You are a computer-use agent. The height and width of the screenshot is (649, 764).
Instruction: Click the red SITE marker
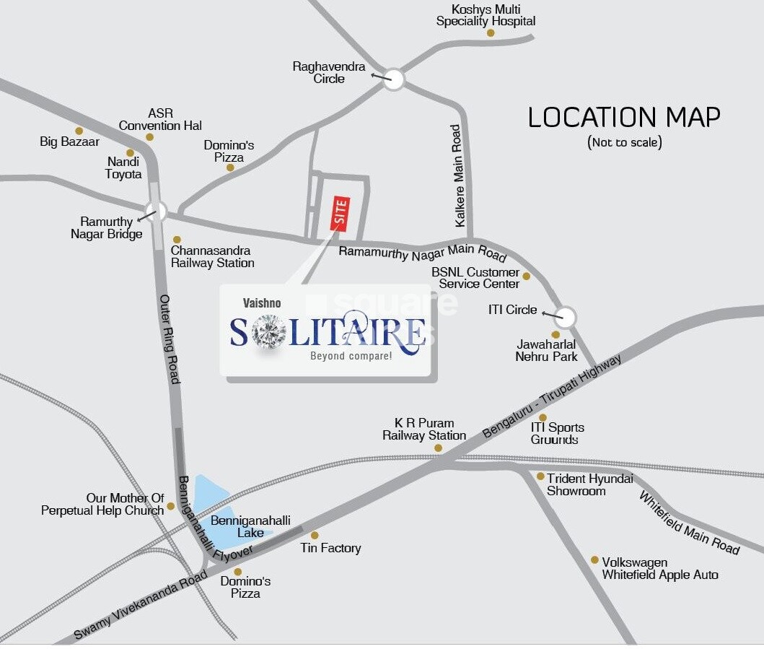point(340,213)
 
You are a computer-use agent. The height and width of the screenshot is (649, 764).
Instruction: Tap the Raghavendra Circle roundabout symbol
point(393,79)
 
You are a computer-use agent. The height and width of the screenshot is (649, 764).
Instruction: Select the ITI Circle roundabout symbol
point(566,317)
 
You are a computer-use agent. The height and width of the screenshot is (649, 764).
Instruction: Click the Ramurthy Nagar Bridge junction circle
point(156,212)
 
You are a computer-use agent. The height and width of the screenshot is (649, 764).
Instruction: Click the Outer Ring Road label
point(170,339)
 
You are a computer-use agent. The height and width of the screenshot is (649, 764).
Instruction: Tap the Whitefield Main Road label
point(689,523)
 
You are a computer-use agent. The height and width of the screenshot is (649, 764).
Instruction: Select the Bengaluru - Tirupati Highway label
point(552,397)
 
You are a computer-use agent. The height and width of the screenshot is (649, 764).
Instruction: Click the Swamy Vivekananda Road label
point(140,606)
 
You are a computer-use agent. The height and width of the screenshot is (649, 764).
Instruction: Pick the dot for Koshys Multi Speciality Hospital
point(491,32)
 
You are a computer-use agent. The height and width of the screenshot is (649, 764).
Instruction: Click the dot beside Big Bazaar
point(79,131)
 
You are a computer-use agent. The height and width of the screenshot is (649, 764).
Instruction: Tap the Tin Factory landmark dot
point(315,535)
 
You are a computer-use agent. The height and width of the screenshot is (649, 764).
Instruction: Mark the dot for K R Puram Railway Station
point(438,448)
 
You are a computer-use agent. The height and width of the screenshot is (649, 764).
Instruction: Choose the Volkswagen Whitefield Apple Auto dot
point(594,559)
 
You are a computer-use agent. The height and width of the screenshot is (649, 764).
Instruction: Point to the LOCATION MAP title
point(624,117)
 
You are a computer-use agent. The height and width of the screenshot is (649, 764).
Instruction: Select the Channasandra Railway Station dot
point(177,240)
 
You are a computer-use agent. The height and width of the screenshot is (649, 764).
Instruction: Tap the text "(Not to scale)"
point(624,142)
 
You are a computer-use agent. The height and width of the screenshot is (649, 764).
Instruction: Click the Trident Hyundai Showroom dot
point(540,476)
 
